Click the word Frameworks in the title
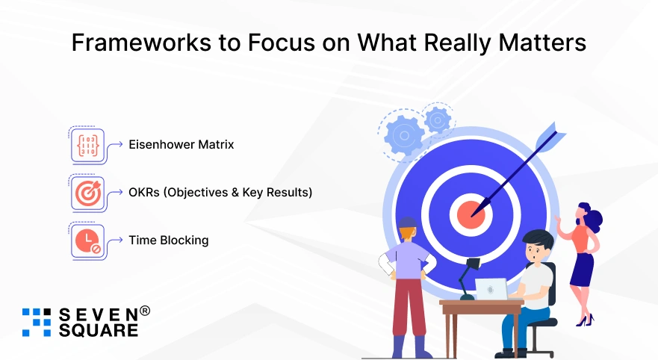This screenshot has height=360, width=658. pos(141,43)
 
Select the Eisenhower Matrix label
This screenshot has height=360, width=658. pos(181,144)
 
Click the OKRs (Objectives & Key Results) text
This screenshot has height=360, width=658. pos(220,192)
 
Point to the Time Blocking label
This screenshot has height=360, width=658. pos(168,240)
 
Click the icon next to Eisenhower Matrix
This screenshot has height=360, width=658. pos(87,145)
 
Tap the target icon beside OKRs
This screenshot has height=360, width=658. pos(87,193)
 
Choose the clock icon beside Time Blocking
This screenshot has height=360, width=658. pos(87,240)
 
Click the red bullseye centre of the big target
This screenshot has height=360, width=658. pos(471,214)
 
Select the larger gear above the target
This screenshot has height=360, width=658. pos(405,135)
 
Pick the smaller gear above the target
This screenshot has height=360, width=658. pos(438,120)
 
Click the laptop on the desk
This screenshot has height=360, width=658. pos(491,289)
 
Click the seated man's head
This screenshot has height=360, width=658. pos(537,246)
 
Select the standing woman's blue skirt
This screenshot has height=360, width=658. pos(582,270)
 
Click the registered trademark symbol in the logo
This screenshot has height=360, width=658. pos(144,311)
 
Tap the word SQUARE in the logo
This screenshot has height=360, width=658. pos(98,330)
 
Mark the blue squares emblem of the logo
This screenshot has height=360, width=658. pos(37,322)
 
